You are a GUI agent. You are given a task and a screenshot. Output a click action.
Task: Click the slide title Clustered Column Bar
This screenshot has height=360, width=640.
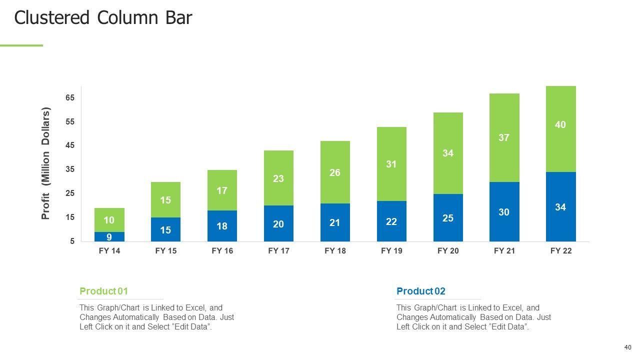[x=103, y=18]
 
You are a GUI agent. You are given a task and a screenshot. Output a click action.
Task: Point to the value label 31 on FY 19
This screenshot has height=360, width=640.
[x=391, y=164]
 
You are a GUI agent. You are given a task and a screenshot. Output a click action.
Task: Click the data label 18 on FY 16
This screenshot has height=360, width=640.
[x=222, y=226]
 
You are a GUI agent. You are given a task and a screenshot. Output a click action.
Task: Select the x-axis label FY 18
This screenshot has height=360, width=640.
[x=335, y=251]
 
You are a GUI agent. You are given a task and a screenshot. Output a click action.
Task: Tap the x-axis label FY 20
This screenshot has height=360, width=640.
[x=448, y=251]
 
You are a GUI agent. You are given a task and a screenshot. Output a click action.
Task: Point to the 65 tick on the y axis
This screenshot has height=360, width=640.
[x=69, y=98]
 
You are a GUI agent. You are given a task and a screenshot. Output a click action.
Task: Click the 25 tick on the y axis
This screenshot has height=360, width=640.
[x=69, y=193]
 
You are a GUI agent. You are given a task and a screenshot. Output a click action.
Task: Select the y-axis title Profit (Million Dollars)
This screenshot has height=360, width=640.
[x=46, y=163]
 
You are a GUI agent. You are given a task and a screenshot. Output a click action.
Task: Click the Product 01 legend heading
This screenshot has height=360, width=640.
[x=104, y=291]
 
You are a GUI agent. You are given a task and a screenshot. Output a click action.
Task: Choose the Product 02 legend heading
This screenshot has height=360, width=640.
[x=420, y=291]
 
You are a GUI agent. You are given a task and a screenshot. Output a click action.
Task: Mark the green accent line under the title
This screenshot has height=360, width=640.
[x=21, y=45]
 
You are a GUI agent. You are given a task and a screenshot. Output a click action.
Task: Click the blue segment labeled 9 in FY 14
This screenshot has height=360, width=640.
[x=109, y=237]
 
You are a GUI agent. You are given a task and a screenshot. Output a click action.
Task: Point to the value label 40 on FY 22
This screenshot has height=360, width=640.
[x=560, y=124]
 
